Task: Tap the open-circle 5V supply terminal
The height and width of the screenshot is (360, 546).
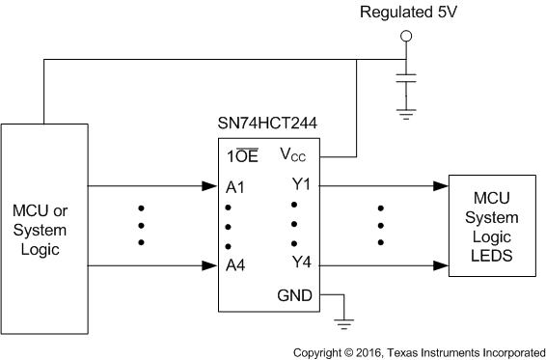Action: tap(406, 37)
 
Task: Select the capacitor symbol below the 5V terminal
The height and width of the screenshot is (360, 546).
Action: tap(406, 81)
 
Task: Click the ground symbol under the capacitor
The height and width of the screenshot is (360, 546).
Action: tap(406, 112)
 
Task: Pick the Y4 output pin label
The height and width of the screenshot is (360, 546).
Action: tap(300, 262)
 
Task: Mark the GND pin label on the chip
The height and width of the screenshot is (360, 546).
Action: tap(294, 295)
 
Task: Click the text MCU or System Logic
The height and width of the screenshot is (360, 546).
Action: tap(40, 229)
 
